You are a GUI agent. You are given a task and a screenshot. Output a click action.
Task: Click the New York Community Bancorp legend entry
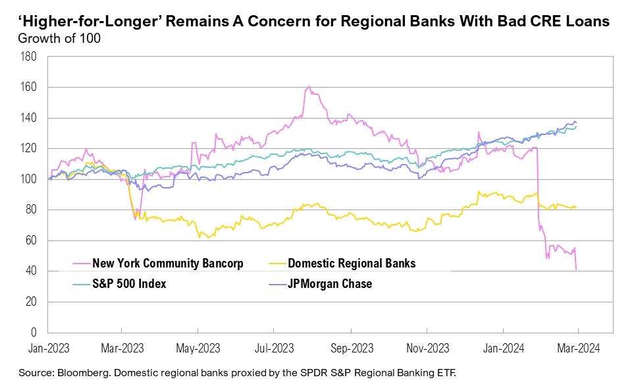tap(168, 264)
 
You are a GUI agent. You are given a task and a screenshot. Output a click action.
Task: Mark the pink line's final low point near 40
tap(577, 269)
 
